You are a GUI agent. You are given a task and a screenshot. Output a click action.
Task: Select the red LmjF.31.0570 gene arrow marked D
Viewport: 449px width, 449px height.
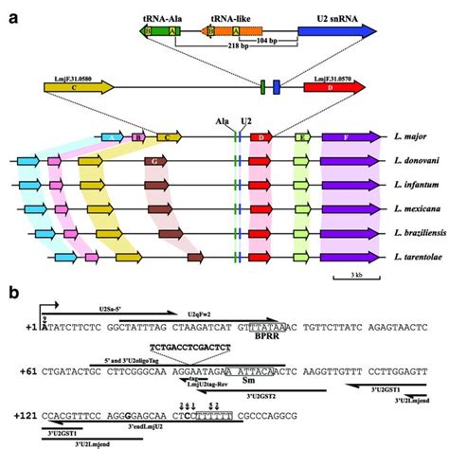(x=332, y=88)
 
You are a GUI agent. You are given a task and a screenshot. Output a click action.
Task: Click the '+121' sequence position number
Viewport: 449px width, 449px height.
(x=22, y=413)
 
